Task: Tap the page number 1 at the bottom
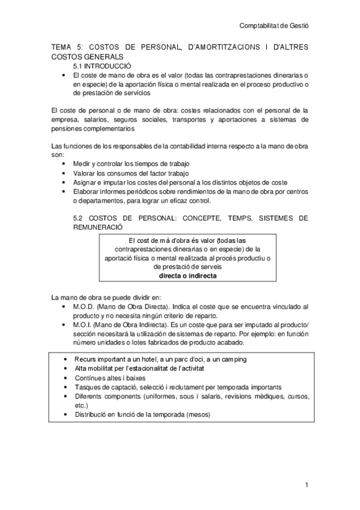[306, 484]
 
